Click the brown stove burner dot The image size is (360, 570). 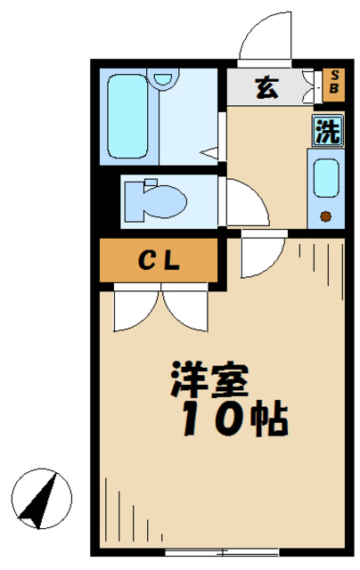(x=325, y=215)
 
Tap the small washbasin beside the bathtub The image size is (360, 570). (x=164, y=81)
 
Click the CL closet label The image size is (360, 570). (x=160, y=260)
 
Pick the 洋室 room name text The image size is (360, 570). (x=210, y=381)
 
